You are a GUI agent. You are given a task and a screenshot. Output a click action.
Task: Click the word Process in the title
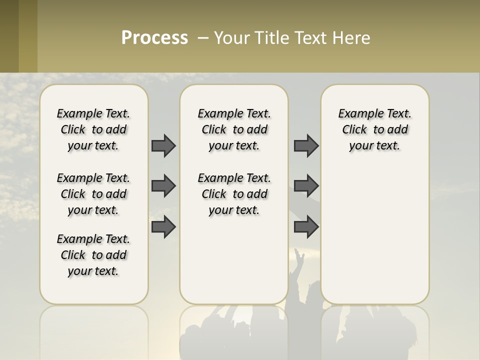[x=154, y=37]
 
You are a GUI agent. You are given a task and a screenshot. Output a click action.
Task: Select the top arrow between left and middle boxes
[x=163, y=145]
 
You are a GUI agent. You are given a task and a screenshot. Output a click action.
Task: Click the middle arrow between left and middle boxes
[x=163, y=186]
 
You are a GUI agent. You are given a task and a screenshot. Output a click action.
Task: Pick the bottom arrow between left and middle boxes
[x=163, y=226]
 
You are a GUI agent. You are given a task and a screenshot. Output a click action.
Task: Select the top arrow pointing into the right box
[x=306, y=145]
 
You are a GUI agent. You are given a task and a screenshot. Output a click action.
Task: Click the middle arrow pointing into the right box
[x=306, y=186]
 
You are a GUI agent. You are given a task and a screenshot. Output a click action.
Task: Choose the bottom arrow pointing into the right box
[x=306, y=226]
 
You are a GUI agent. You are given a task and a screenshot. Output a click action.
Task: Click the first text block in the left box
[x=93, y=129]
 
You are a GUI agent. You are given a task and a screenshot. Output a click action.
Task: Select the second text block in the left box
[x=93, y=194]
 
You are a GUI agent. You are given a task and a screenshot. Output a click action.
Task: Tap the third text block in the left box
[x=93, y=255]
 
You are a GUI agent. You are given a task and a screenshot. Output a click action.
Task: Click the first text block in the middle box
[x=234, y=129]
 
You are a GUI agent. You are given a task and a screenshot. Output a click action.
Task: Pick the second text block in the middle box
[x=234, y=194]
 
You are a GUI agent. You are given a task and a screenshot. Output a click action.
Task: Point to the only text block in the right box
[x=374, y=129]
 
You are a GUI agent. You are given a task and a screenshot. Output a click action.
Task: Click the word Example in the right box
[x=356, y=114]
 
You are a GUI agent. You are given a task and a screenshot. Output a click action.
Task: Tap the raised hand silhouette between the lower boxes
[x=299, y=260]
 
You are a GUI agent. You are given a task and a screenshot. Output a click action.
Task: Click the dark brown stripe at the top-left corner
[x=9, y=36]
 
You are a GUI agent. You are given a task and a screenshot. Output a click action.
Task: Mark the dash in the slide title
[x=203, y=37]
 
